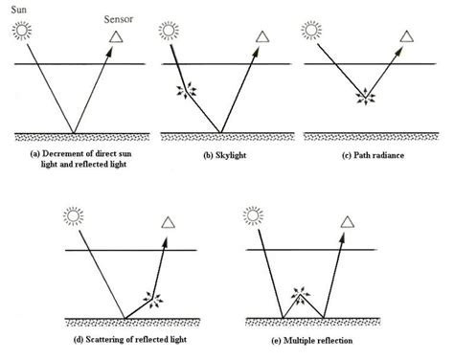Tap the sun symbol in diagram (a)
[23, 33]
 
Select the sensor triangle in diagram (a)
[117, 36]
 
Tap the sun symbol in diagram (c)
[311, 32]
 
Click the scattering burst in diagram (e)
[303, 294]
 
